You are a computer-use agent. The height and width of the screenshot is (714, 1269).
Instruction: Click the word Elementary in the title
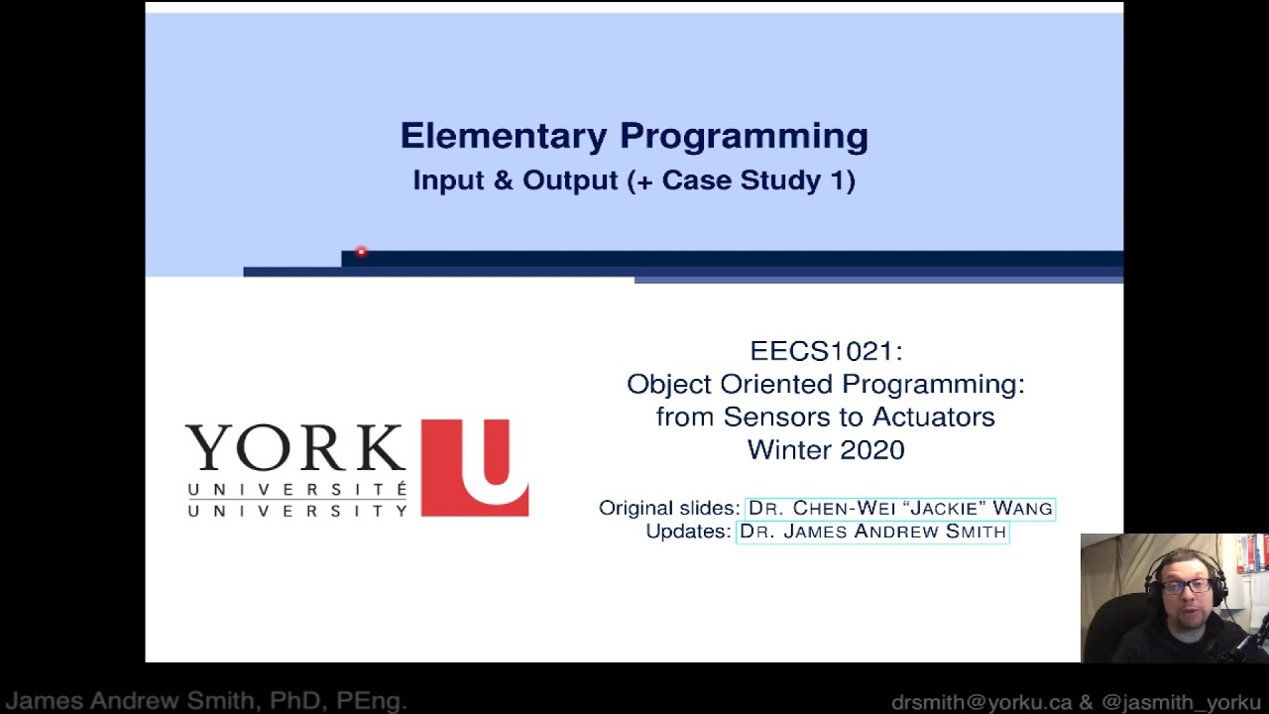[504, 136]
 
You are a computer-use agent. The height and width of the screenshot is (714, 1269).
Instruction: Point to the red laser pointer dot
[361, 253]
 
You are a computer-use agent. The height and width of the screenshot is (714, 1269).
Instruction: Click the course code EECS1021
[825, 351]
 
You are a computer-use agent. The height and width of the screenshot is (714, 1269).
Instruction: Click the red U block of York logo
[475, 467]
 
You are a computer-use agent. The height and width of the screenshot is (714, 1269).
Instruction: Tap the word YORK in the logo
[295, 448]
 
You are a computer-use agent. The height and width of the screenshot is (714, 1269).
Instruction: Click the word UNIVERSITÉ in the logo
[296, 490]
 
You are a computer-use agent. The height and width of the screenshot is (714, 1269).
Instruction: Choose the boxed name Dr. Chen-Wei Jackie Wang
[900, 508]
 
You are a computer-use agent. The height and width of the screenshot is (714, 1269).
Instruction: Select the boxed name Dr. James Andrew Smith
[872, 532]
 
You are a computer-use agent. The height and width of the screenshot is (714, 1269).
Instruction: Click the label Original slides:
[669, 508]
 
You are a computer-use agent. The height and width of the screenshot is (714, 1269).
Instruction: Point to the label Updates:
[688, 532]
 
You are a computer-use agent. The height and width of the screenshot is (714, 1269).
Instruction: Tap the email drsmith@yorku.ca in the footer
[981, 702]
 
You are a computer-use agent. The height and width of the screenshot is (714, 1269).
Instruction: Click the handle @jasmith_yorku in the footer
[1181, 702]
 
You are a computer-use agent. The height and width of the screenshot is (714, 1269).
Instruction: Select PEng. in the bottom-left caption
[372, 702]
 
